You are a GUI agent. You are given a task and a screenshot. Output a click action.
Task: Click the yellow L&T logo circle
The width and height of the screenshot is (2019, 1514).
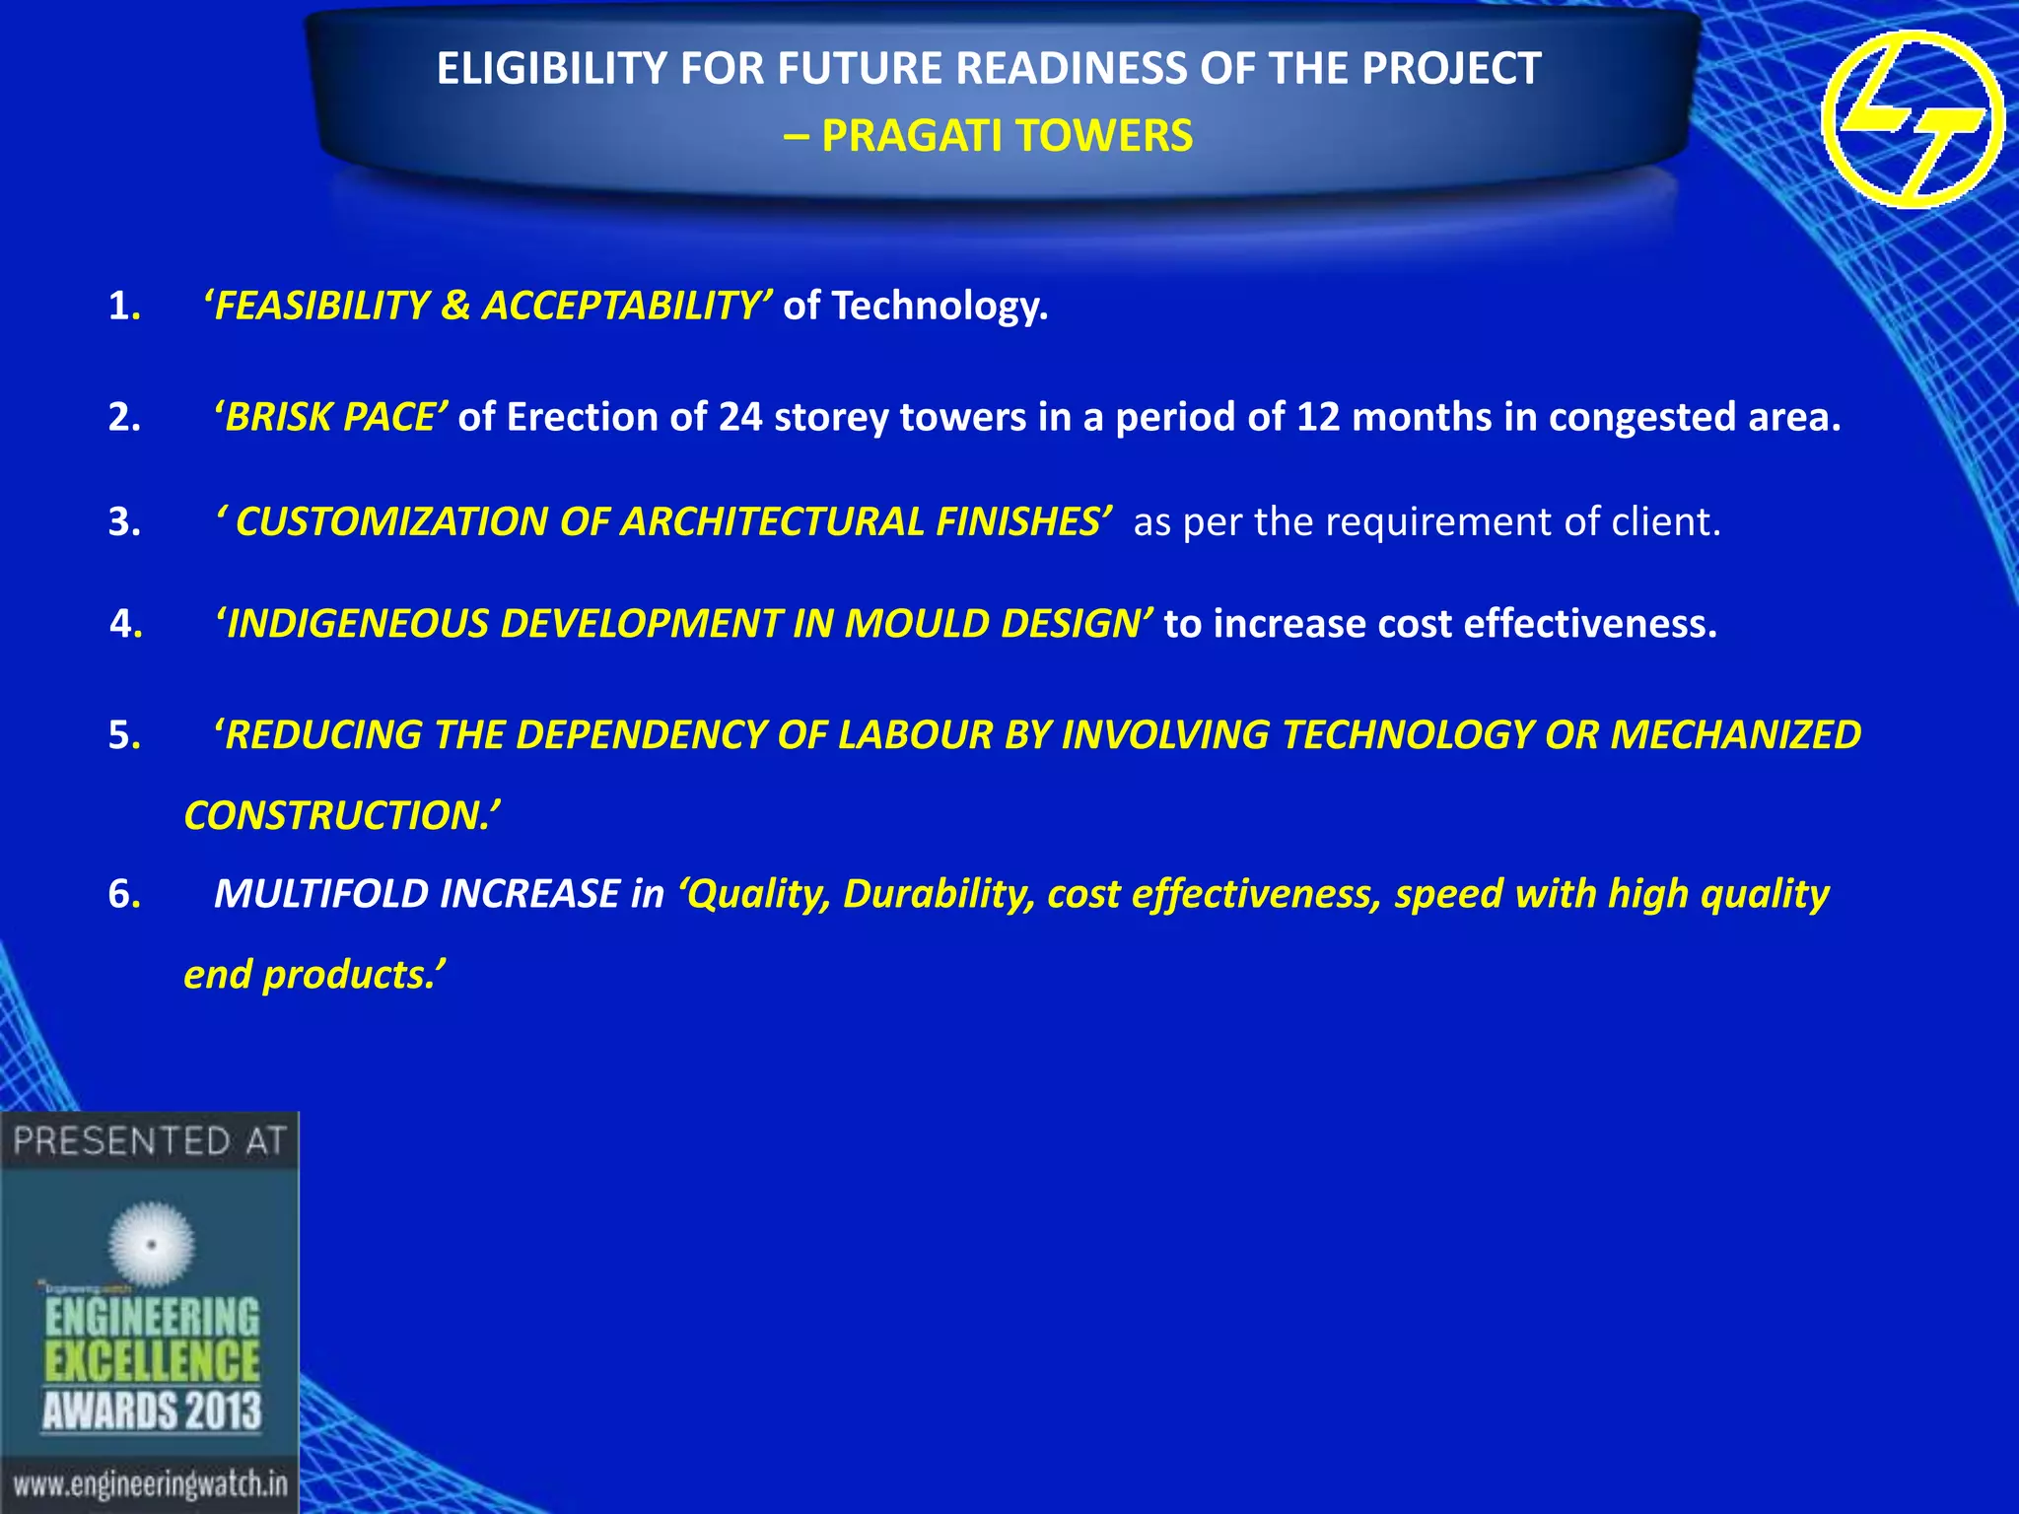(x=1913, y=119)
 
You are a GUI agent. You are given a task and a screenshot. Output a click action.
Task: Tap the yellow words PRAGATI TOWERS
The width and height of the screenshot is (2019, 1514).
(x=1007, y=136)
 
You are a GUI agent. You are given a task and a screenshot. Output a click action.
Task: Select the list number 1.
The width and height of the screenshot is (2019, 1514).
(x=121, y=307)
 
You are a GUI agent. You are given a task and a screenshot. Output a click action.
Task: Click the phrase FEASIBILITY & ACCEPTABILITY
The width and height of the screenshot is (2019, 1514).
(x=488, y=306)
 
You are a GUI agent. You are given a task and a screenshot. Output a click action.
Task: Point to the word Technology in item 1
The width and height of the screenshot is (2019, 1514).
(x=939, y=307)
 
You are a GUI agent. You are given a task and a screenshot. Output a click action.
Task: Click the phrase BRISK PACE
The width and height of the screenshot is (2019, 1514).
(x=331, y=418)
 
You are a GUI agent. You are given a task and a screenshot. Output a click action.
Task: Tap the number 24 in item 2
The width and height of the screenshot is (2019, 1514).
(x=739, y=418)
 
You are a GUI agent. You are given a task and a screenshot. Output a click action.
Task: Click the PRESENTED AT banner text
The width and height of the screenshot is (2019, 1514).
(x=149, y=1141)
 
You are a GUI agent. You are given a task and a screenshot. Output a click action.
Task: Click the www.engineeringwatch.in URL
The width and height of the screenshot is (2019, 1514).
(x=150, y=1483)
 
